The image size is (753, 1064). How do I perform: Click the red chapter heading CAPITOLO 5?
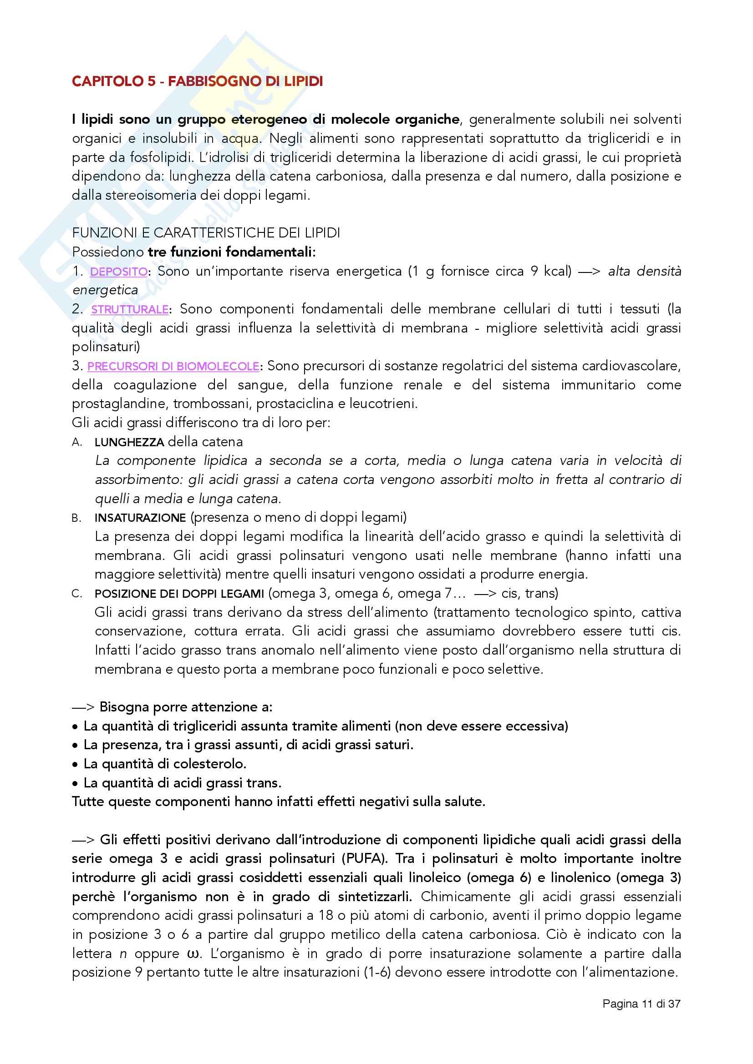[x=197, y=81]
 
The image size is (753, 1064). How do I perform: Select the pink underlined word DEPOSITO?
[x=119, y=272]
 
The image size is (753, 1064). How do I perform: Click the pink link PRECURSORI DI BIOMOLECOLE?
[x=173, y=367]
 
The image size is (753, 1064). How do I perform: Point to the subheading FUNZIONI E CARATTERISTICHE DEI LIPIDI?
[x=206, y=233]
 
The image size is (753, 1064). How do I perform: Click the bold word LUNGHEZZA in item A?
[x=129, y=443]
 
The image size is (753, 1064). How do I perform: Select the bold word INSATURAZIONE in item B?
[x=140, y=518]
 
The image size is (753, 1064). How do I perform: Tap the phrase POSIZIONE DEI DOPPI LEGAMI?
[x=179, y=594]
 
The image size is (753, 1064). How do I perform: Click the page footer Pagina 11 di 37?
[x=641, y=1004]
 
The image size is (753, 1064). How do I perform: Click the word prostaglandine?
[x=120, y=404]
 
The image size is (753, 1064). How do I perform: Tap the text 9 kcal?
[x=550, y=272]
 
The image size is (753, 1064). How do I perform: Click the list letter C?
[x=76, y=594]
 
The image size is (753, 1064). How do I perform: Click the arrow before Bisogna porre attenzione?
[x=83, y=707]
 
